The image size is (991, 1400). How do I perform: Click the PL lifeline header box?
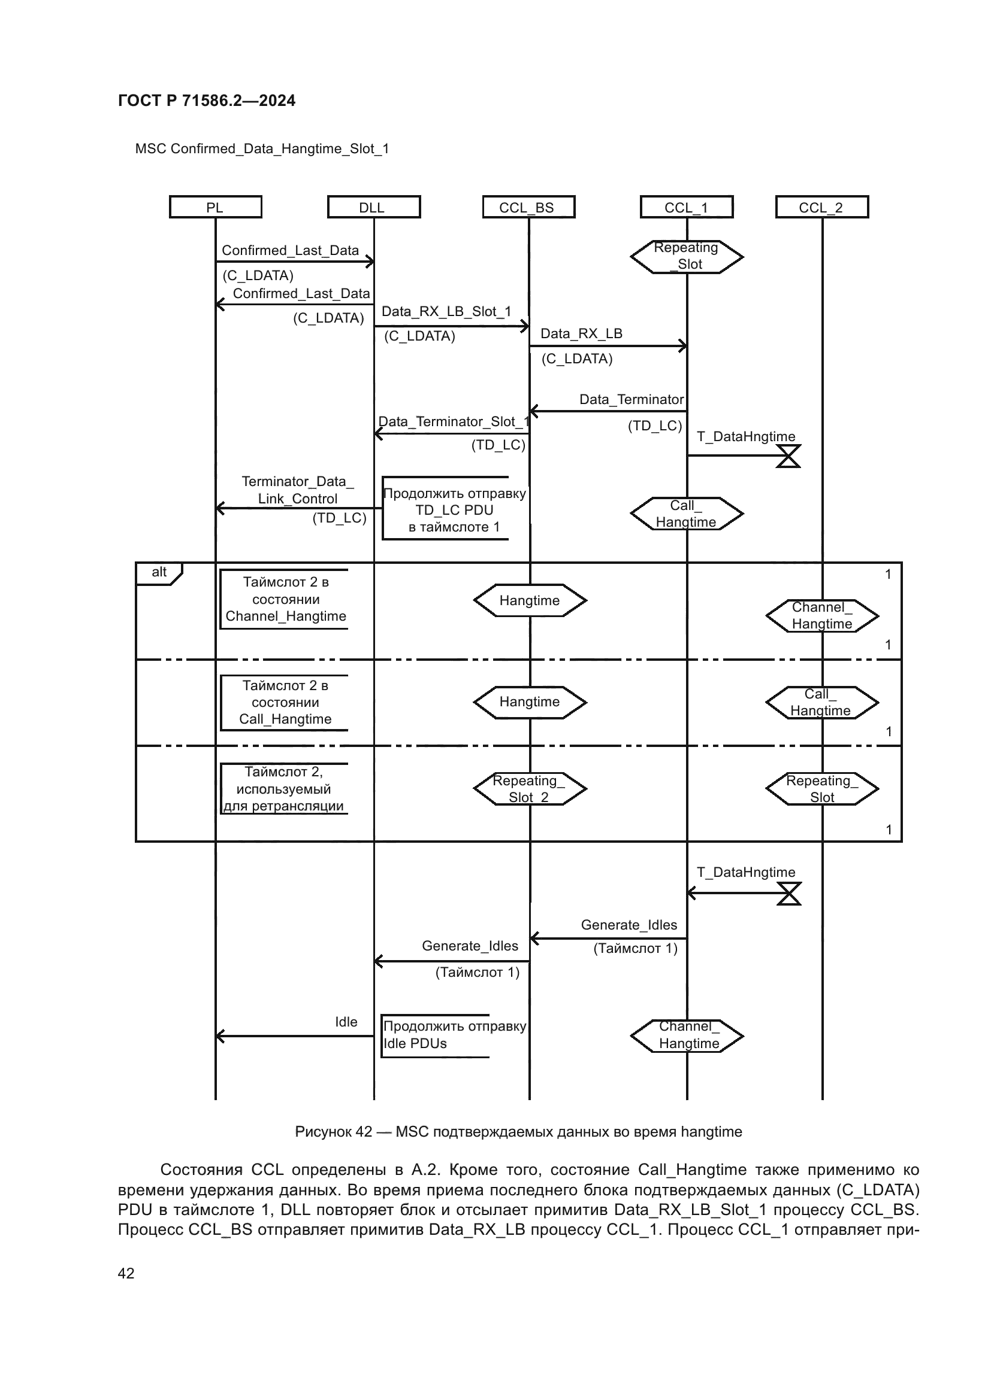[x=216, y=207]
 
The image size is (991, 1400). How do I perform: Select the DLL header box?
[x=373, y=207]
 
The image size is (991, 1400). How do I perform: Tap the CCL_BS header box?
[x=528, y=207]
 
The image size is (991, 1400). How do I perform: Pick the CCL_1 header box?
[x=687, y=207]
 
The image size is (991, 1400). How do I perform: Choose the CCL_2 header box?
[x=821, y=207]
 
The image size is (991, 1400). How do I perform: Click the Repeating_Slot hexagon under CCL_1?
[x=687, y=257]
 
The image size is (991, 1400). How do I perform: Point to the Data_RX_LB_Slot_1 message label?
[x=447, y=312]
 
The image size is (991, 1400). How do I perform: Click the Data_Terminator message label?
[x=632, y=400]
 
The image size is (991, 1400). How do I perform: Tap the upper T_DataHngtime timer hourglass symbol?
[x=788, y=456]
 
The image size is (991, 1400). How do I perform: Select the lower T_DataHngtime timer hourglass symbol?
[x=788, y=894]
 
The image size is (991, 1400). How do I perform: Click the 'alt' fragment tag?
[x=159, y=573]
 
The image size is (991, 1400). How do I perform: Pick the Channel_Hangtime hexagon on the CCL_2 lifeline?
[x=822, y=616]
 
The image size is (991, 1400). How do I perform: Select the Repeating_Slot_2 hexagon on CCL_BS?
[x=529, y=789]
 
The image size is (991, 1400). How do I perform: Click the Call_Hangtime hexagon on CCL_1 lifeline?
[x=687, y=514]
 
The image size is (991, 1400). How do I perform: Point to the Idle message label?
[x=346, y=1022]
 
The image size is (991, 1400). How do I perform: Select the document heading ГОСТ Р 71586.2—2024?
[x=206, y=101]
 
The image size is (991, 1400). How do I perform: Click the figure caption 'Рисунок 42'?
[x=518, y=1132]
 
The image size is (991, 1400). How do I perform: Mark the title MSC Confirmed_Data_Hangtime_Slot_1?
[x=262, y=149]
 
